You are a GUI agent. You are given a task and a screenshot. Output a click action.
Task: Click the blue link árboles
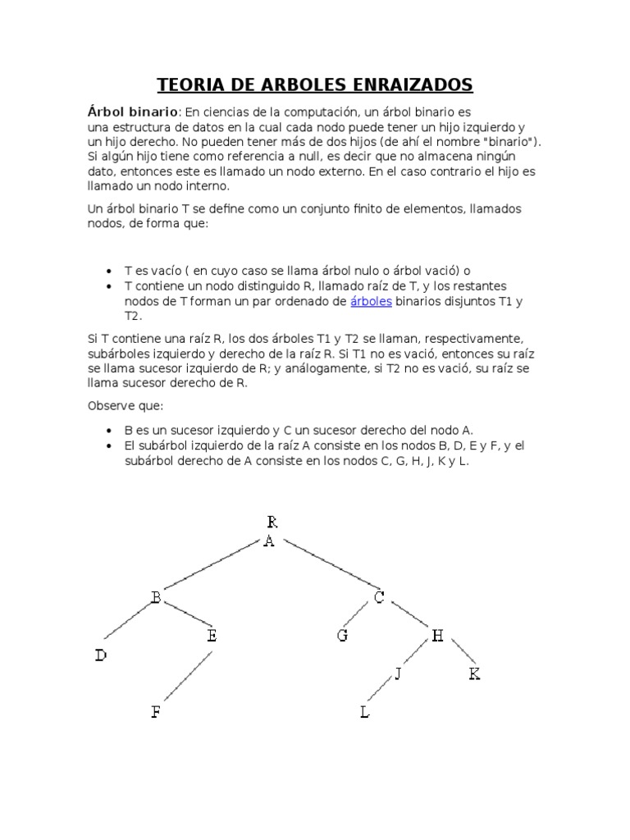[371, 302]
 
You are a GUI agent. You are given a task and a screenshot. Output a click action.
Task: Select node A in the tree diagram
[269, 542]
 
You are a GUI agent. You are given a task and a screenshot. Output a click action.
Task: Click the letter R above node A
[272, 522]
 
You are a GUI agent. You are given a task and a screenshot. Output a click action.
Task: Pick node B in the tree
[155, 598]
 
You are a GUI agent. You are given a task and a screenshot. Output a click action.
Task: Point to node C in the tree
[379, 598]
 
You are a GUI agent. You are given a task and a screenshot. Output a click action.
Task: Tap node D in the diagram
[100, 655]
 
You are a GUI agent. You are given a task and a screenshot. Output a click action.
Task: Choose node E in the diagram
[212, 635]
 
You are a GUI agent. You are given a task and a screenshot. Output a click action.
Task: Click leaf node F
[156, 712]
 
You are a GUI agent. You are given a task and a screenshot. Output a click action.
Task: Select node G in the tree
[342, 635]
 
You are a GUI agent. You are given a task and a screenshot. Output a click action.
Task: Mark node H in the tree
[437, 635]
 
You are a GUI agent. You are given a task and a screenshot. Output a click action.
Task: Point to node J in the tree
[398, 674]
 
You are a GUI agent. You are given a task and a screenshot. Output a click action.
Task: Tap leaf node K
[474, 674]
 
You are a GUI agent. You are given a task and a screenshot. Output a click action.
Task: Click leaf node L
[364, 712]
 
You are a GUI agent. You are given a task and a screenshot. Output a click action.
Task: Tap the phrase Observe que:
[126, 406]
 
